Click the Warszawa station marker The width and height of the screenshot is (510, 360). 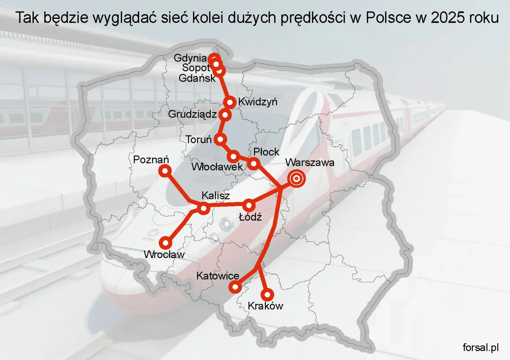tap(297, 179)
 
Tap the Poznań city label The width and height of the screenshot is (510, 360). tap(151, 160)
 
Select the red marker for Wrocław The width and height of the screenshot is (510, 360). tap(166, 242)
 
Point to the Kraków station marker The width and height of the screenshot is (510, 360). tap(267, 294)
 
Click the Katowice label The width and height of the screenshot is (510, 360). tap(217, 276)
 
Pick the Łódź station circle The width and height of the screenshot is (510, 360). tap(249, 205)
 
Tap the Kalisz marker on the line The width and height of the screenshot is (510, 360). tap(204, 208)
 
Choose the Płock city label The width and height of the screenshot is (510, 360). tap(266, 152)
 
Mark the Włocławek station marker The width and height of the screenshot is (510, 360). tap(233, 157)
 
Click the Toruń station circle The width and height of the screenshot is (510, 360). tap(220, 139)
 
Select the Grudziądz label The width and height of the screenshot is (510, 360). tap(192, 114)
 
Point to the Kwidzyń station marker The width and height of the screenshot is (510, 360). tap(230, 102)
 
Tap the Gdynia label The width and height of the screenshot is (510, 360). tap(190, 58)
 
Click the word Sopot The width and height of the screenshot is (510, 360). tap(196, 68)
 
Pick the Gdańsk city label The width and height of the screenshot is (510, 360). tap(197, 78)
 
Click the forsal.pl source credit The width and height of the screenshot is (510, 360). tap(480, 348)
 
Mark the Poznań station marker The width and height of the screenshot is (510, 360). tap(165, 171)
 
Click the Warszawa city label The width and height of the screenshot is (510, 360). tap(310, 162)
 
